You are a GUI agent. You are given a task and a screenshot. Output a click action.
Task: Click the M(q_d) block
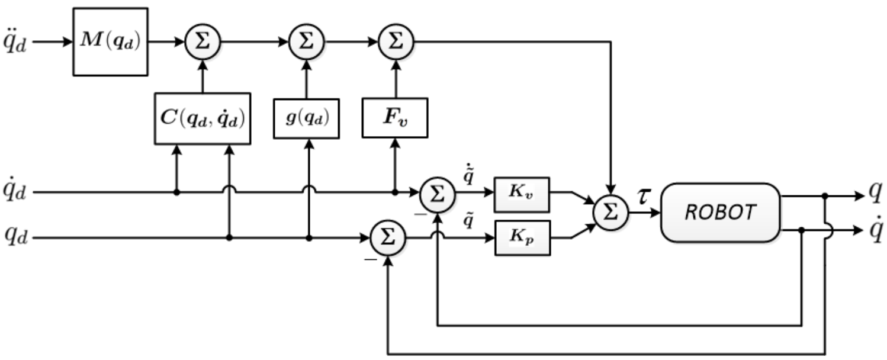pyautogui.click(x=110, y=41)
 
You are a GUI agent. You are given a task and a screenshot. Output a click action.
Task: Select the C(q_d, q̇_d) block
pyautogui.click(x=202, y=118)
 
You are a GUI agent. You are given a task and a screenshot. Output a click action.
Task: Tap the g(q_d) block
pyautogui.click(x=306, y=118)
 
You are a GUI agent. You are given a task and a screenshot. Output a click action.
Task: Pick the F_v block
pyautogui.click(x=394, y=118)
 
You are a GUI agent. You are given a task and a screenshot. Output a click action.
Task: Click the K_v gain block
pyautogui.click(x=522, y=194)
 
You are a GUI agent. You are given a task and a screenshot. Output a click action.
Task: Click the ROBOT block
pyautogui.click(x=720, y=213)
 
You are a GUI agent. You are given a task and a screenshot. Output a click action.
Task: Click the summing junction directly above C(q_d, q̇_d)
pyautogui.click(x=202, y=42)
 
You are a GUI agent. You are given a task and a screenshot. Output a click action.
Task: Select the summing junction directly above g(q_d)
pyautogui.click(x=306, y=42)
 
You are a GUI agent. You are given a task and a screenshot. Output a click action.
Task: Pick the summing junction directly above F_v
pyautogui.click(x=394, y=42)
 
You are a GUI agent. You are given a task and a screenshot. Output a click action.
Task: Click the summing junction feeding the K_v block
pyautogui.click(x=437, y=193)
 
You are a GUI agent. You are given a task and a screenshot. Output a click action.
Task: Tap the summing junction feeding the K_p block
pyautogui.click(x=387, y=239)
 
